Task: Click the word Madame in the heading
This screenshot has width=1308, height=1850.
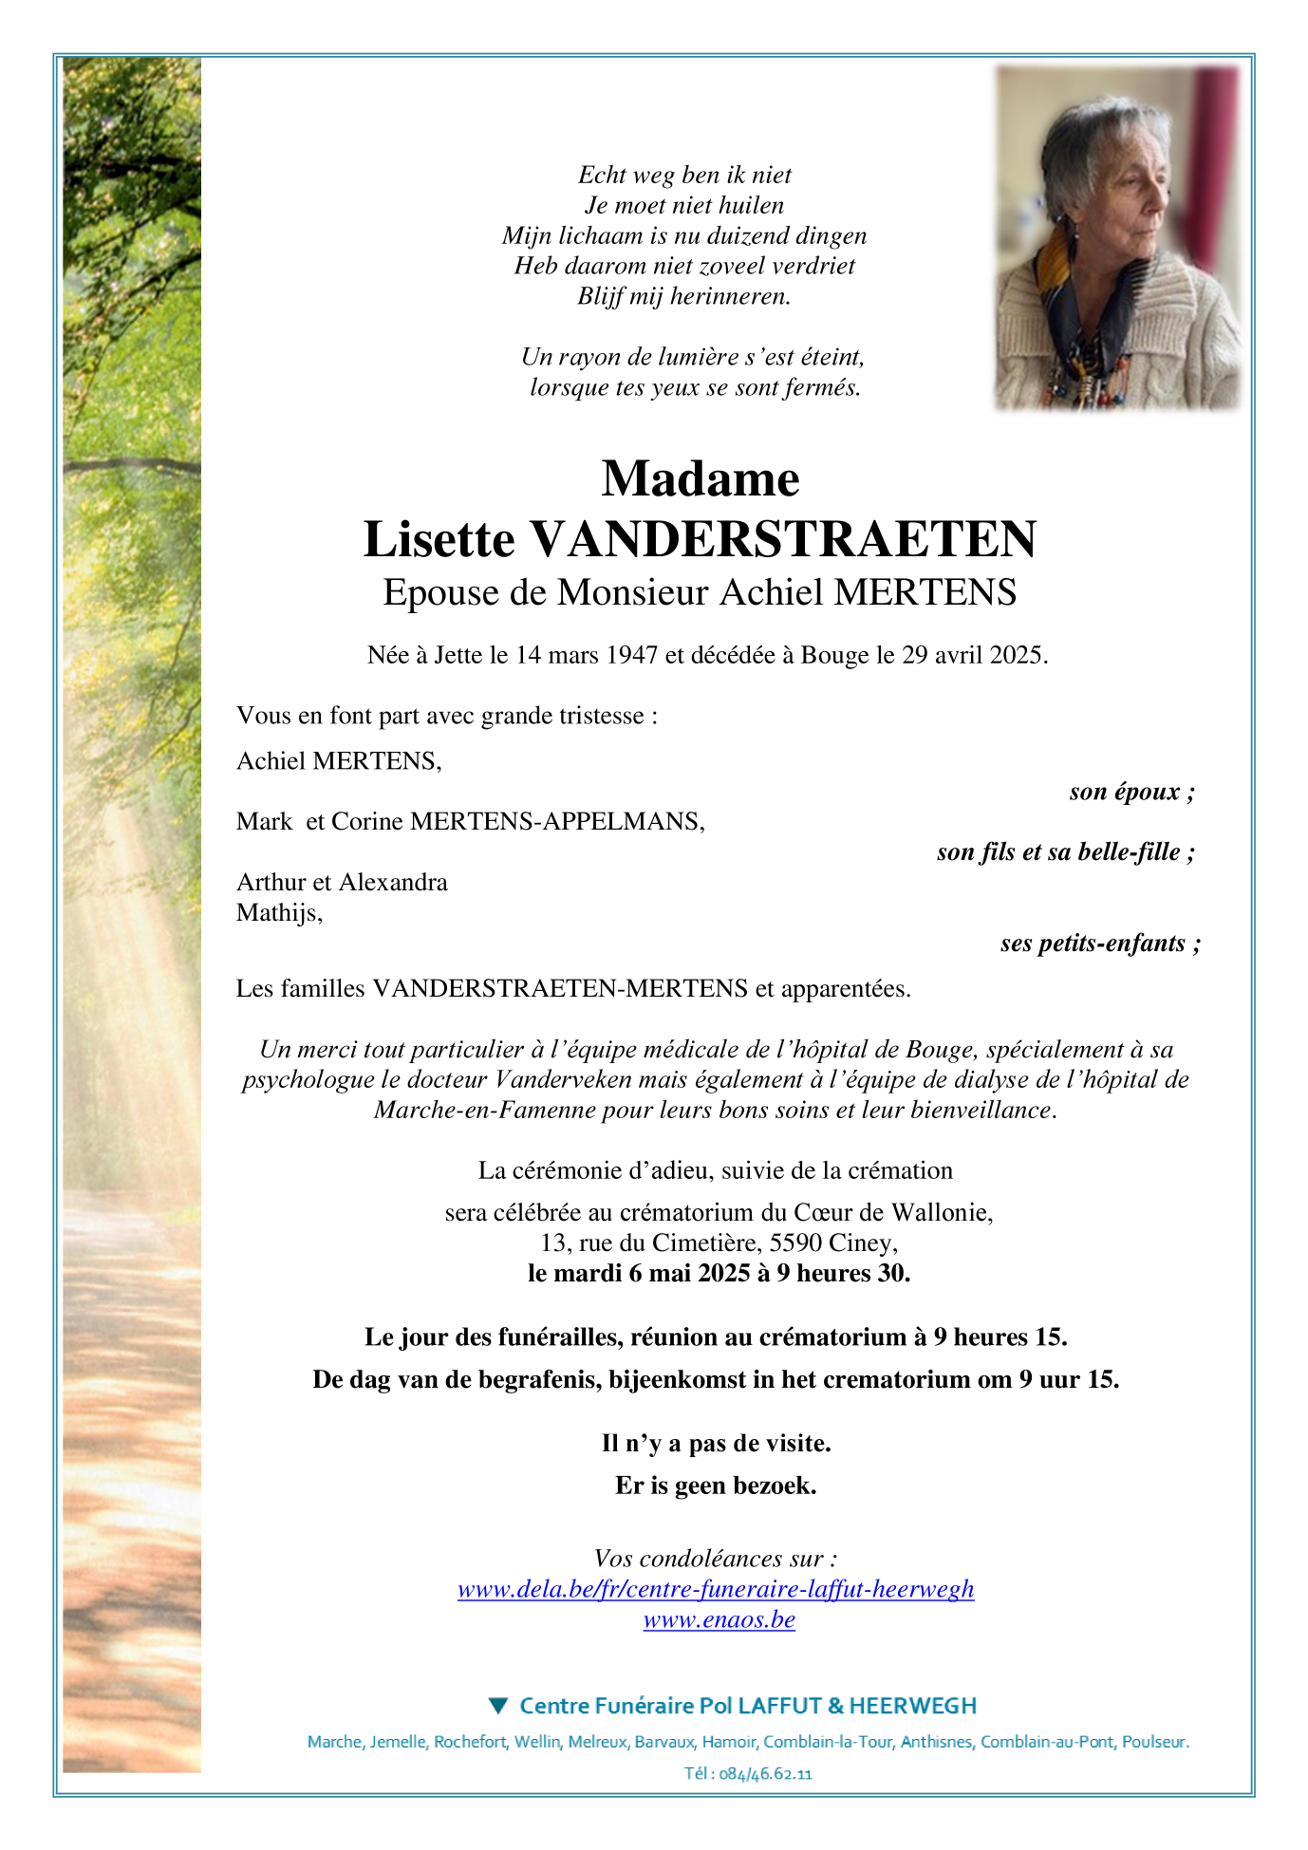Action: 700,478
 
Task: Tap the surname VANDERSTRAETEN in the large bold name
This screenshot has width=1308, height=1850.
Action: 783,540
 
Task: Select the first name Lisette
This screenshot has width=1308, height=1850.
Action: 439,540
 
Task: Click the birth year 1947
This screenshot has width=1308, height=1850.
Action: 631,655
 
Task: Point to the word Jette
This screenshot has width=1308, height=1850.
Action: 458,655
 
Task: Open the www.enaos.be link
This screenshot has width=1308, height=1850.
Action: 719,1620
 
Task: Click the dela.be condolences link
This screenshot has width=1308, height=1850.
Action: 716,1589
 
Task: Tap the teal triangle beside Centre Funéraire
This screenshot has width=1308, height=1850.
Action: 498,1706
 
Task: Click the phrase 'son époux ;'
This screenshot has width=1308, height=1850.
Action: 1131,792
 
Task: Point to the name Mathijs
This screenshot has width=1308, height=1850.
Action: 278,913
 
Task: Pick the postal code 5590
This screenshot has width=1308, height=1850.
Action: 795,1243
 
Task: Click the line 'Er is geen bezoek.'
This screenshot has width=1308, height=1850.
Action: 716,1486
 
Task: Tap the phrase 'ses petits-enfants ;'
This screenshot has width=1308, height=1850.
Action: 1100,944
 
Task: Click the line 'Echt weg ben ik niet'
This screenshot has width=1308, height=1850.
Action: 684,175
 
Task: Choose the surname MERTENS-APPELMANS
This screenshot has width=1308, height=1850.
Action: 556,822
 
